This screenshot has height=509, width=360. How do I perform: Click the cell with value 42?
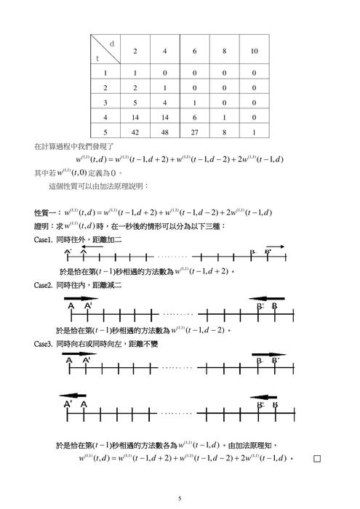(x=135, y=134)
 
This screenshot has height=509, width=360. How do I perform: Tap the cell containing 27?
(x=194, y=134)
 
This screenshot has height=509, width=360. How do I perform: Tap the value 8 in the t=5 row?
(x=223, y=134)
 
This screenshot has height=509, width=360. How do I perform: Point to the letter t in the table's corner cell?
(x=97, y=58)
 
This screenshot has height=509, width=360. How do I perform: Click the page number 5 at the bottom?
(x=180, y=497)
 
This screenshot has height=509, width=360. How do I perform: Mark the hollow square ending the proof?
(x=316, y=459)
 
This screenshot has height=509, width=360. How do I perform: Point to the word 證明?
(x=44, y=226)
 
